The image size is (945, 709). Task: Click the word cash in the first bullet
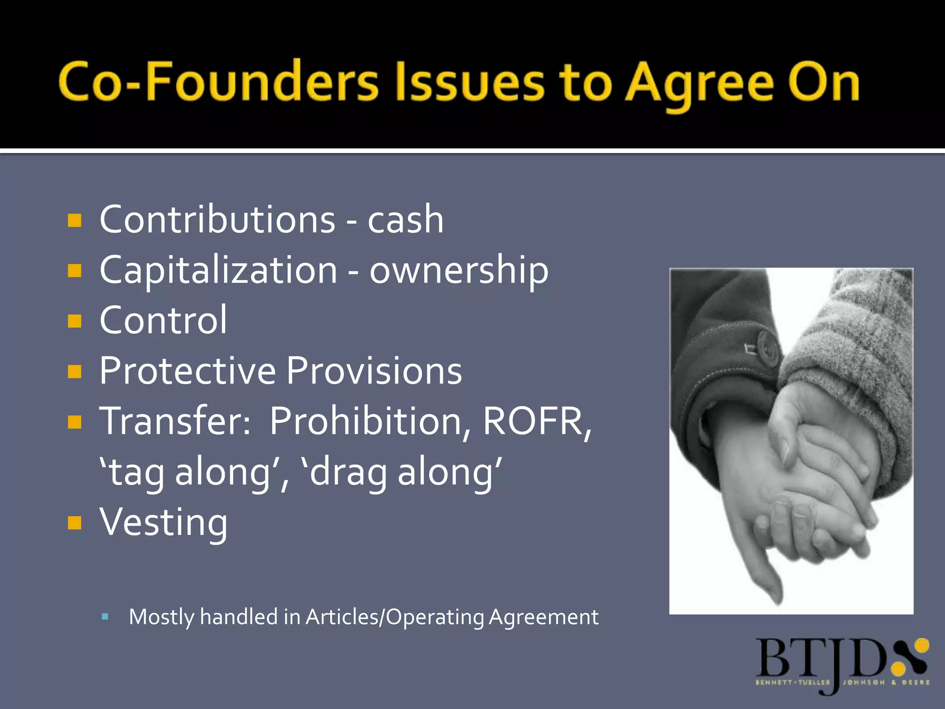(406, 220)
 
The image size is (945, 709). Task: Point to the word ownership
(459, 271)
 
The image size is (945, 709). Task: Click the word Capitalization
(218, 271)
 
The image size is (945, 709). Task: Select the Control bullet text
(163, 320)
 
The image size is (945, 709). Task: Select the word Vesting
(163, 523)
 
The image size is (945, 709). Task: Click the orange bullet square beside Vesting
(74, 523)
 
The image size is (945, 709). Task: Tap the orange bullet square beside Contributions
(74, 220)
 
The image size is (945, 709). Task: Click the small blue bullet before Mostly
(105, 616)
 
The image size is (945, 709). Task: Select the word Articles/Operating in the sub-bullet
(395, 617)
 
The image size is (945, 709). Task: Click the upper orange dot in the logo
(921, 645)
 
